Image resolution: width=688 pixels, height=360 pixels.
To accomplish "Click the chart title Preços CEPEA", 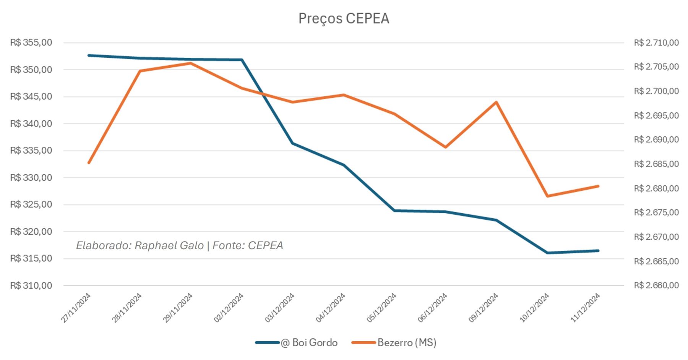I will [344, 19].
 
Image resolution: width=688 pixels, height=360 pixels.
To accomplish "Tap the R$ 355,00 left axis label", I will [31, 42].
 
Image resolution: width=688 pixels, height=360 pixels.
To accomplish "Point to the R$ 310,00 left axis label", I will [31, 285].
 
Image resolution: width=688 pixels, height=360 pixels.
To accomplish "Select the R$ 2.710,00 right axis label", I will [656, 43].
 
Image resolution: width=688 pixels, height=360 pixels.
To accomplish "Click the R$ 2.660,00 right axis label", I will [656, 285].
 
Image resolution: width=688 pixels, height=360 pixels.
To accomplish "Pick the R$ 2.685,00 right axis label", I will [656, 164].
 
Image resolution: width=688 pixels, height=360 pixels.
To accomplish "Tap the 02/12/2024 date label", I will [229, 308].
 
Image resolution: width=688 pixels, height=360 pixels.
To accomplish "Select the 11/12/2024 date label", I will [586, 308].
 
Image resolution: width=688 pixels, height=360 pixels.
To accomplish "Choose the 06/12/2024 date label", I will [433, 308].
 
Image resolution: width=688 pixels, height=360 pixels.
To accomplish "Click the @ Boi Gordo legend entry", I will [297, 342].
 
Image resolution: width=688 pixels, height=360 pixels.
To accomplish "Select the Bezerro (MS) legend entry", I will [394, 342].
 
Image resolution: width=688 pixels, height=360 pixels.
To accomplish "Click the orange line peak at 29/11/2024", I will [191, 63].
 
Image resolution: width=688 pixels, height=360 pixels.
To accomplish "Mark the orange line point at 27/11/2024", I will [89, 163].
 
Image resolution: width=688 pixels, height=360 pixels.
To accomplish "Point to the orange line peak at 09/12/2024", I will [497, 102].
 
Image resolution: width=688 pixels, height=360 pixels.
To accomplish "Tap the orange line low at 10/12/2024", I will [547, 196].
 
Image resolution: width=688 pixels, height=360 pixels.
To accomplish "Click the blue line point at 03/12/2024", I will [293, 143].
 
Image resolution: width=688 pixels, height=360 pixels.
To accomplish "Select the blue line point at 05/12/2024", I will [394, 211].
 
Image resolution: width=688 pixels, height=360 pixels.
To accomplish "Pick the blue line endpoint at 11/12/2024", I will [598, 251].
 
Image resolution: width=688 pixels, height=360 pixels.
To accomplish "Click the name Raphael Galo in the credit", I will [169, 245].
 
